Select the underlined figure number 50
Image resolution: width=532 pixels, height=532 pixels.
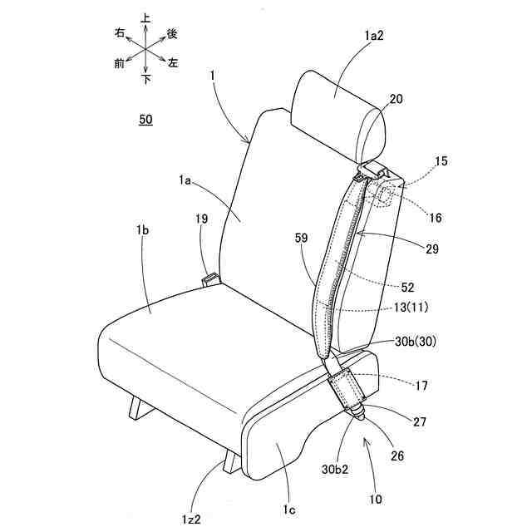(x=145, y=120)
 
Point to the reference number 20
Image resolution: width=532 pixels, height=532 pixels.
(x=397, y=99)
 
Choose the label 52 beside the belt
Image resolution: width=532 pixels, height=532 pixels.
(x=406, y=288)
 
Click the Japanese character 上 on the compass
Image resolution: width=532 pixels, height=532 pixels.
(x=146, y=15)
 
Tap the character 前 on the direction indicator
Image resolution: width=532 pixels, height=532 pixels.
(x=120, y=62)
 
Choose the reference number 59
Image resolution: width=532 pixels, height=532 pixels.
(x=301, y=237)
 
